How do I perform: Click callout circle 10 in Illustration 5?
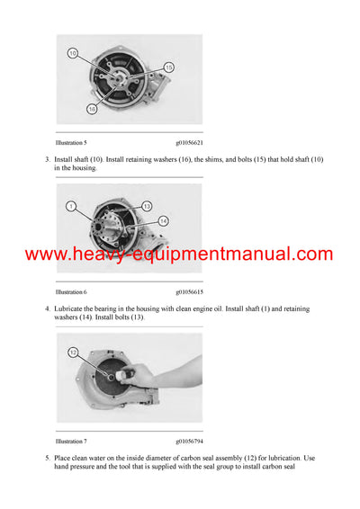[x=72, y=54]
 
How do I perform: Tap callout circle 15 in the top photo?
[x=168, y=67]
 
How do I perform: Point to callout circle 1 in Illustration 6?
[x=70, y=207]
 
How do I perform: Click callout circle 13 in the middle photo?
[x=147, y=206]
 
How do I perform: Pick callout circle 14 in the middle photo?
[x=163, y=220]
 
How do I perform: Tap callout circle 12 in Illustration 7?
[x=74, y=352]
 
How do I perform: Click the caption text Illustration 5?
[x=71, y=142]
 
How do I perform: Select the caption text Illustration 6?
[x=71, y=291]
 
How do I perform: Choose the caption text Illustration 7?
[x=71, y=442]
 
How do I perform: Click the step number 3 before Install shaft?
[x=47, y=159]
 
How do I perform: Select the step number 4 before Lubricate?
[x=47, y=308]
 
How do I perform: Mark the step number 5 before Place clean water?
[x=47, y=459]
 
